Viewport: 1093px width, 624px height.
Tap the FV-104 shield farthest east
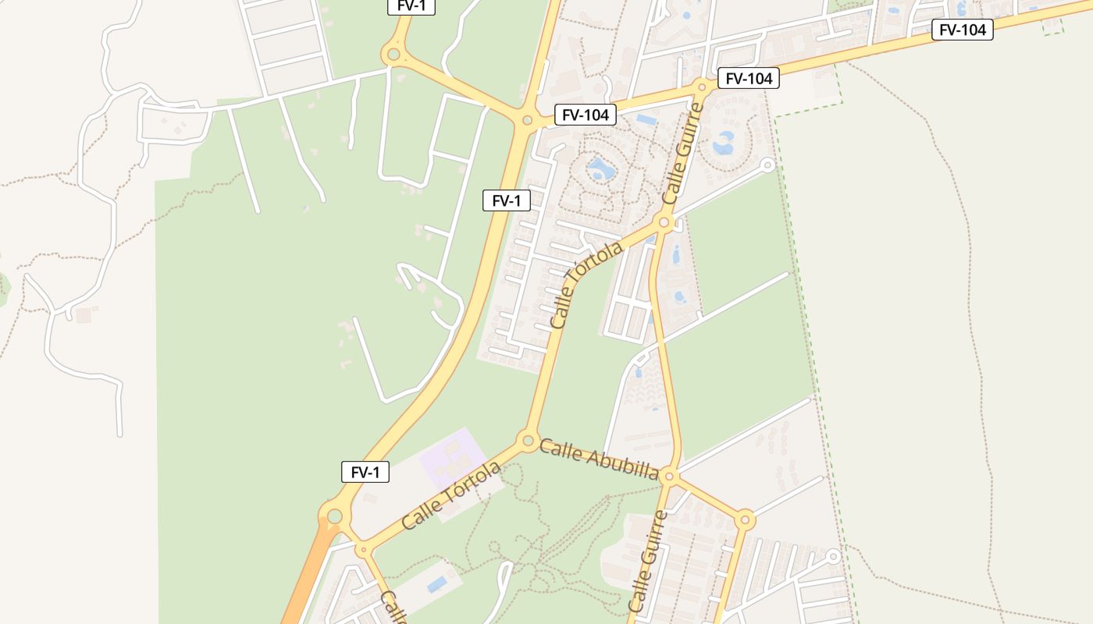click(x=962, y=30)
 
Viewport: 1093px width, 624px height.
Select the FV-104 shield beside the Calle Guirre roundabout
click(x=748, y=78)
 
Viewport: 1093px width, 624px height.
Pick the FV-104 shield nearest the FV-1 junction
click(x=586, y=115)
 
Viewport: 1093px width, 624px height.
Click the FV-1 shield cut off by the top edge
click(x=411, y=6)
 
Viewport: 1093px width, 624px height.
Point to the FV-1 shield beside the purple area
click(x=365, y=472)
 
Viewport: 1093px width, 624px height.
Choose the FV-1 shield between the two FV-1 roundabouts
click(x=506, y=200)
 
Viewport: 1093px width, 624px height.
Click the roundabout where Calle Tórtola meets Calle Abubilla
click(x=528, y=440)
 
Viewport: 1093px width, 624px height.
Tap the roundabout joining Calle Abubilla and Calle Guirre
click(x=670, y=476)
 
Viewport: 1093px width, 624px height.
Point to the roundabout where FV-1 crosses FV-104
click(x=527, y=120)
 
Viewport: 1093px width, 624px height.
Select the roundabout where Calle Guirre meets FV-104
click(x=701, y=87)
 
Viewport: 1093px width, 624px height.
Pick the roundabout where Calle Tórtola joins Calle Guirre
click(x=664, y=223)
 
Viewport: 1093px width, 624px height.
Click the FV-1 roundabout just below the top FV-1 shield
click(x=393, y=55)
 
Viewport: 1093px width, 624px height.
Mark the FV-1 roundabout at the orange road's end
click(x=335, y=516)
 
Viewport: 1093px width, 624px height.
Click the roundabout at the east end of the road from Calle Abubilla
click(x=745, y=519)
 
